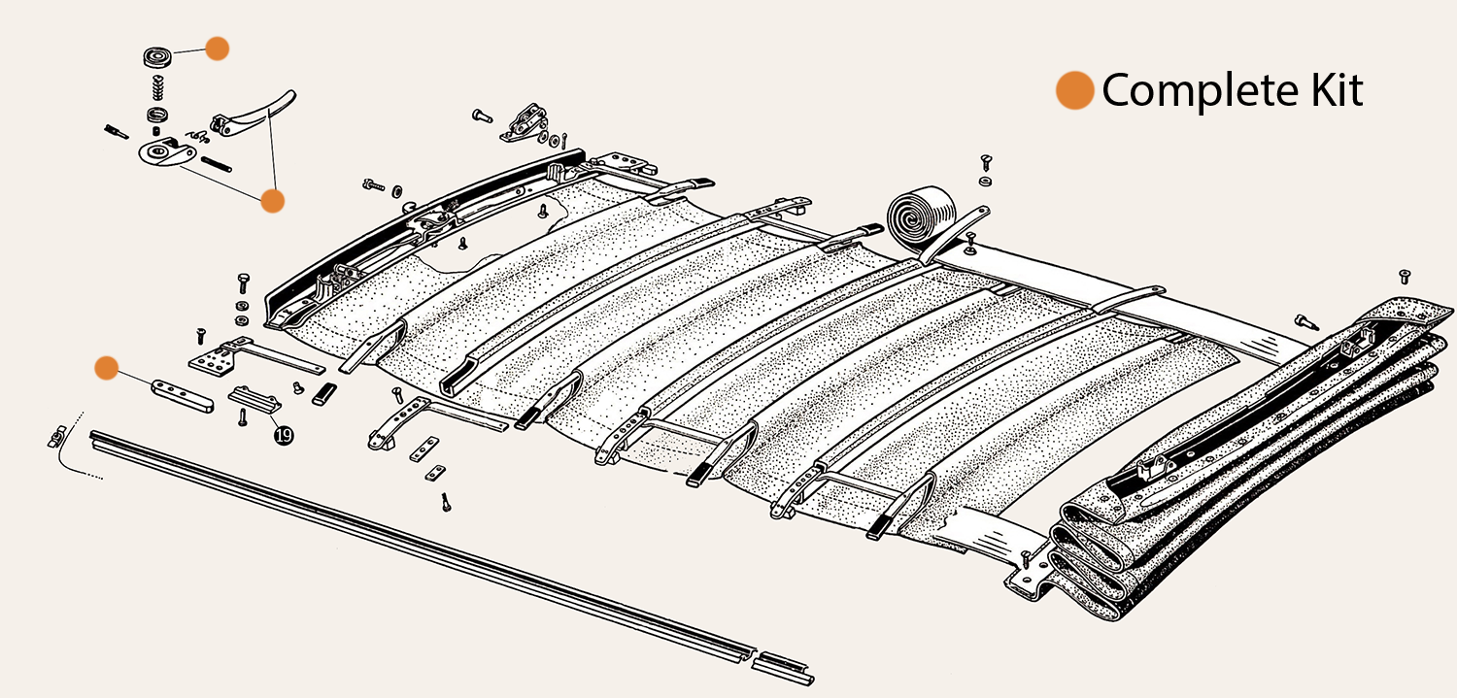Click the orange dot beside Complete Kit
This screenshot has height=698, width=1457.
pyautogui.click(x=1074, y=90)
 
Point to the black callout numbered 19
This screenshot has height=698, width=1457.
pyautogui.click(x=283, y=436)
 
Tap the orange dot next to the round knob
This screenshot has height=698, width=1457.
pyautogui.click(x=217, y=49)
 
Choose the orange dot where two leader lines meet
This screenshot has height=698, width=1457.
pyautogui.click(x=272, y=201)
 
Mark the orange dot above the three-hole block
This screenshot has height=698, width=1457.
pyautogui.click(x=106, y=368)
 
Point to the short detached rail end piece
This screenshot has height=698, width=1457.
pyautogui.click(x=783, y=667)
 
